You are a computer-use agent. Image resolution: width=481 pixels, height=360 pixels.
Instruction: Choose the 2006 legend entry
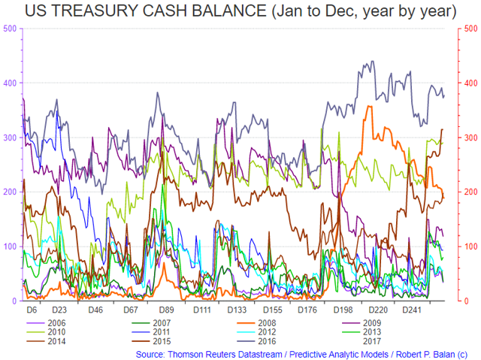(46, 323)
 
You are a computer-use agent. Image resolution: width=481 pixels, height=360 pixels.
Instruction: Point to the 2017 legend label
(372, 341)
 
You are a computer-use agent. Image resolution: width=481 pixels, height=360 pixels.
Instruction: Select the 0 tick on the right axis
(467, 301)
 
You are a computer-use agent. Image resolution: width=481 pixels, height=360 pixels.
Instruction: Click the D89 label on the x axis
(167, 310)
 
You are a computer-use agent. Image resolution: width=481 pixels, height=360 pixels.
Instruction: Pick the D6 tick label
(32, 310)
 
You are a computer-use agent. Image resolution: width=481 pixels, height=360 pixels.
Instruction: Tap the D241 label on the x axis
(412, 310)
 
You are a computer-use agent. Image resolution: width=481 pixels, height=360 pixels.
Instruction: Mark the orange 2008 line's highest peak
(369, 106)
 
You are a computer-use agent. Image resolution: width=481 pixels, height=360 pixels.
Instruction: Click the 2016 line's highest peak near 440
(373, 61)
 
